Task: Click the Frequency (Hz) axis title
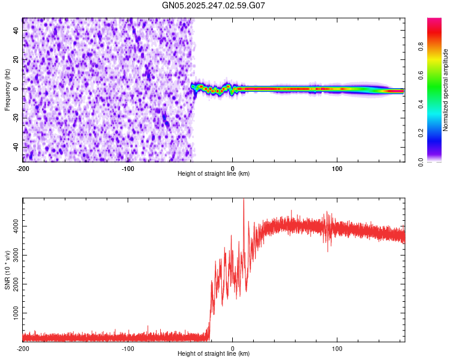coord(7,89)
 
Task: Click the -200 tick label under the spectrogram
coord(23,169)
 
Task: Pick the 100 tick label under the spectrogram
coord(337,169)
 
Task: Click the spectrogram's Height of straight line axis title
coord(214,174)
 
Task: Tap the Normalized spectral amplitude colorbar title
coord(445,90)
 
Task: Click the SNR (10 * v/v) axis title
coord(7,269)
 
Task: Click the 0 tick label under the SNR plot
coord(233,349)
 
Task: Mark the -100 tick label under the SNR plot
coord(128,349)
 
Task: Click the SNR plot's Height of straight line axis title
coord(214,354)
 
